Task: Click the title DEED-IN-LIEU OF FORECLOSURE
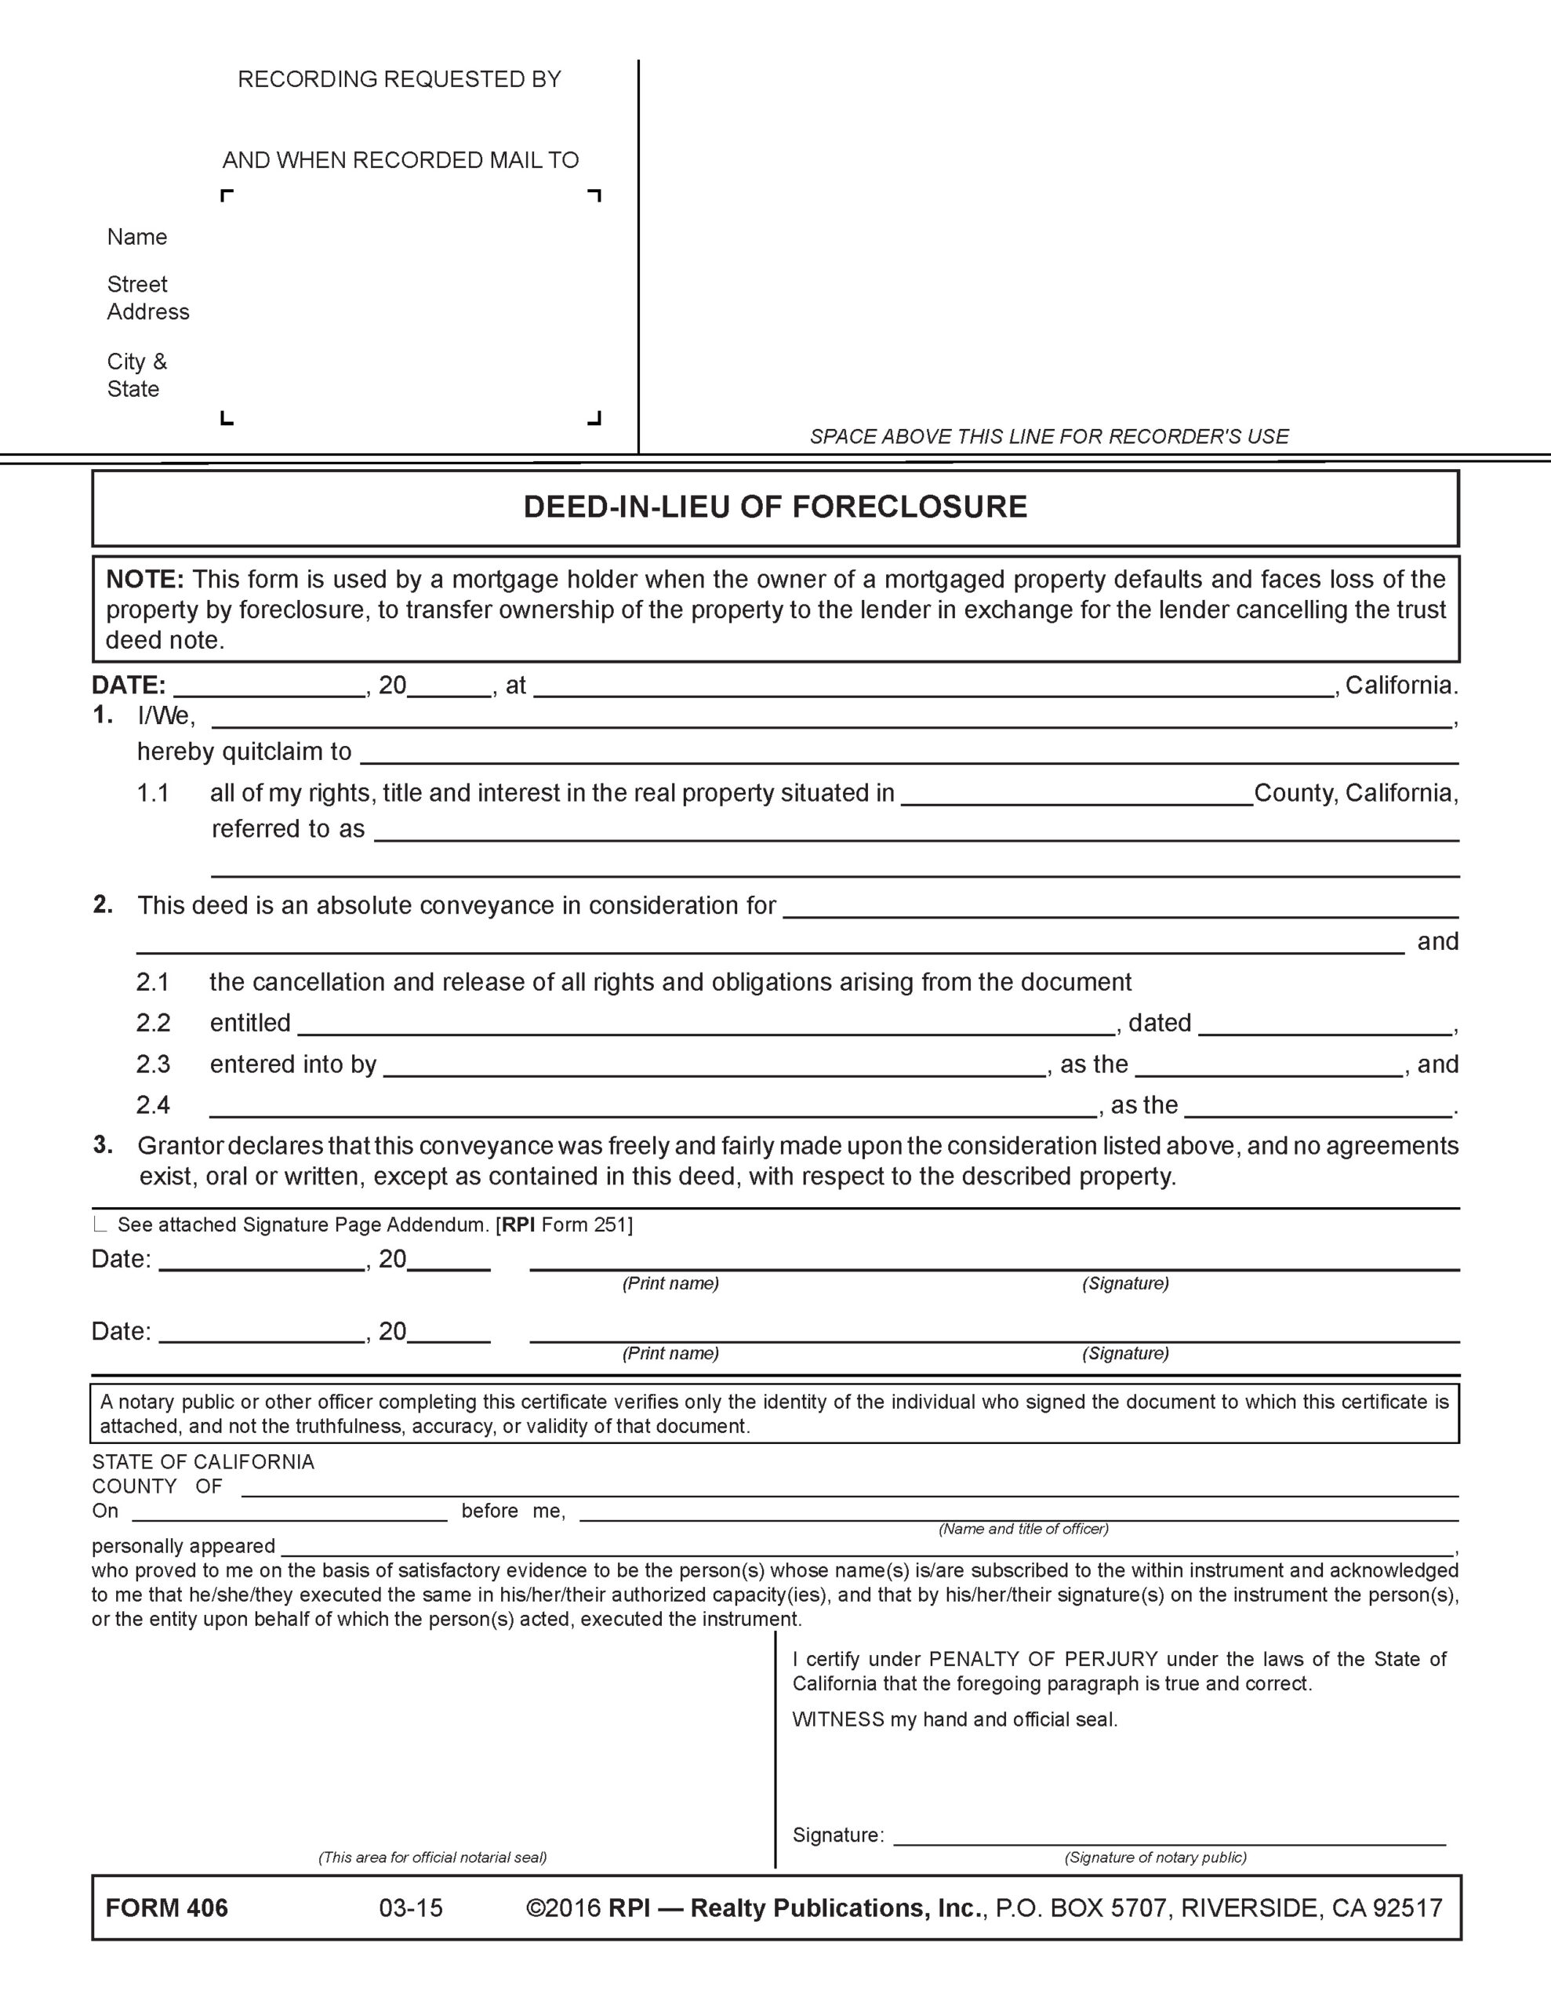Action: point(774,507)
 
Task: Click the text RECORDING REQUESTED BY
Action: point(399,80)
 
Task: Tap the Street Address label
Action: point(147,298)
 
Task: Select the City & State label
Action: point(137,375)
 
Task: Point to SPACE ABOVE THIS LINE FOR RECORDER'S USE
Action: point(1048,437)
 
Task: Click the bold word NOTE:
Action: point(145,579)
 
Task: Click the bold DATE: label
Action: point(128,685)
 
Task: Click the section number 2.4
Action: point(154,1105)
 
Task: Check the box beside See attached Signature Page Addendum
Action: point(100,1224)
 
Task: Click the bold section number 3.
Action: point(103,1146)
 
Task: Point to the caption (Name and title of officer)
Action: point(1022,1529)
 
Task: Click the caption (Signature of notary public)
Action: point(1155,1857)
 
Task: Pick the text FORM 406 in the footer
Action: point(166,1908)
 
